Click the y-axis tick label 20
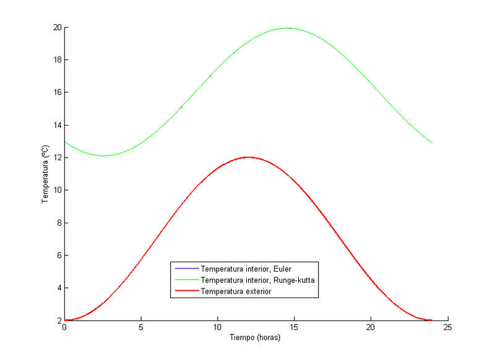[x=56, y=28]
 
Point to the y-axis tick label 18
[x=56, y=60]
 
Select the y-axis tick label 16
[x=56, y=93]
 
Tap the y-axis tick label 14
[x=56, y=126]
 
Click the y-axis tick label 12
[x=56, y=158]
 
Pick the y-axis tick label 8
[x=58, y=223]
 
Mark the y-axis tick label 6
[x=58, y=255]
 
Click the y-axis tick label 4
[x=58, y=288]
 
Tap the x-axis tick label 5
[x=141, y=328]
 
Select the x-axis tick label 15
[x=294, y=328]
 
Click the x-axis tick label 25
[x=447, y=328]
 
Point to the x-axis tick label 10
[x=218, y=328]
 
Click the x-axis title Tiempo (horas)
[x=256, y=338]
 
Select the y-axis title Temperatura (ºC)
[x=45, y=174]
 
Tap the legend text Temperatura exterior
[x=236, y=291]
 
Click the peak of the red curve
[x=248, y=157]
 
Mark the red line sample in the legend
[x=186, y=291]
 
